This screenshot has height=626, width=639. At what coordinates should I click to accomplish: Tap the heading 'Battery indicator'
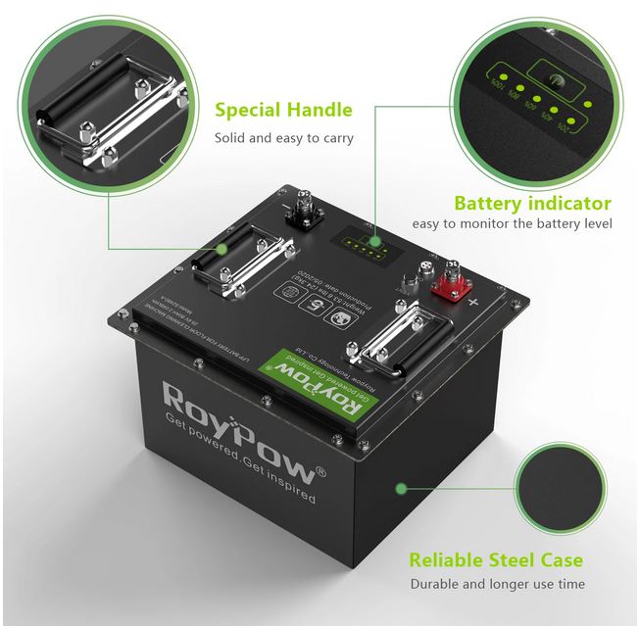click(x=532, y=204)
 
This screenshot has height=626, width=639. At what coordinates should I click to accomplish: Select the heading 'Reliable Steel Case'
click(x=496, y=560)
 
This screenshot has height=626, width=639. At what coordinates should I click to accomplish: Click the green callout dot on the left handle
click(x=222, y=250)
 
